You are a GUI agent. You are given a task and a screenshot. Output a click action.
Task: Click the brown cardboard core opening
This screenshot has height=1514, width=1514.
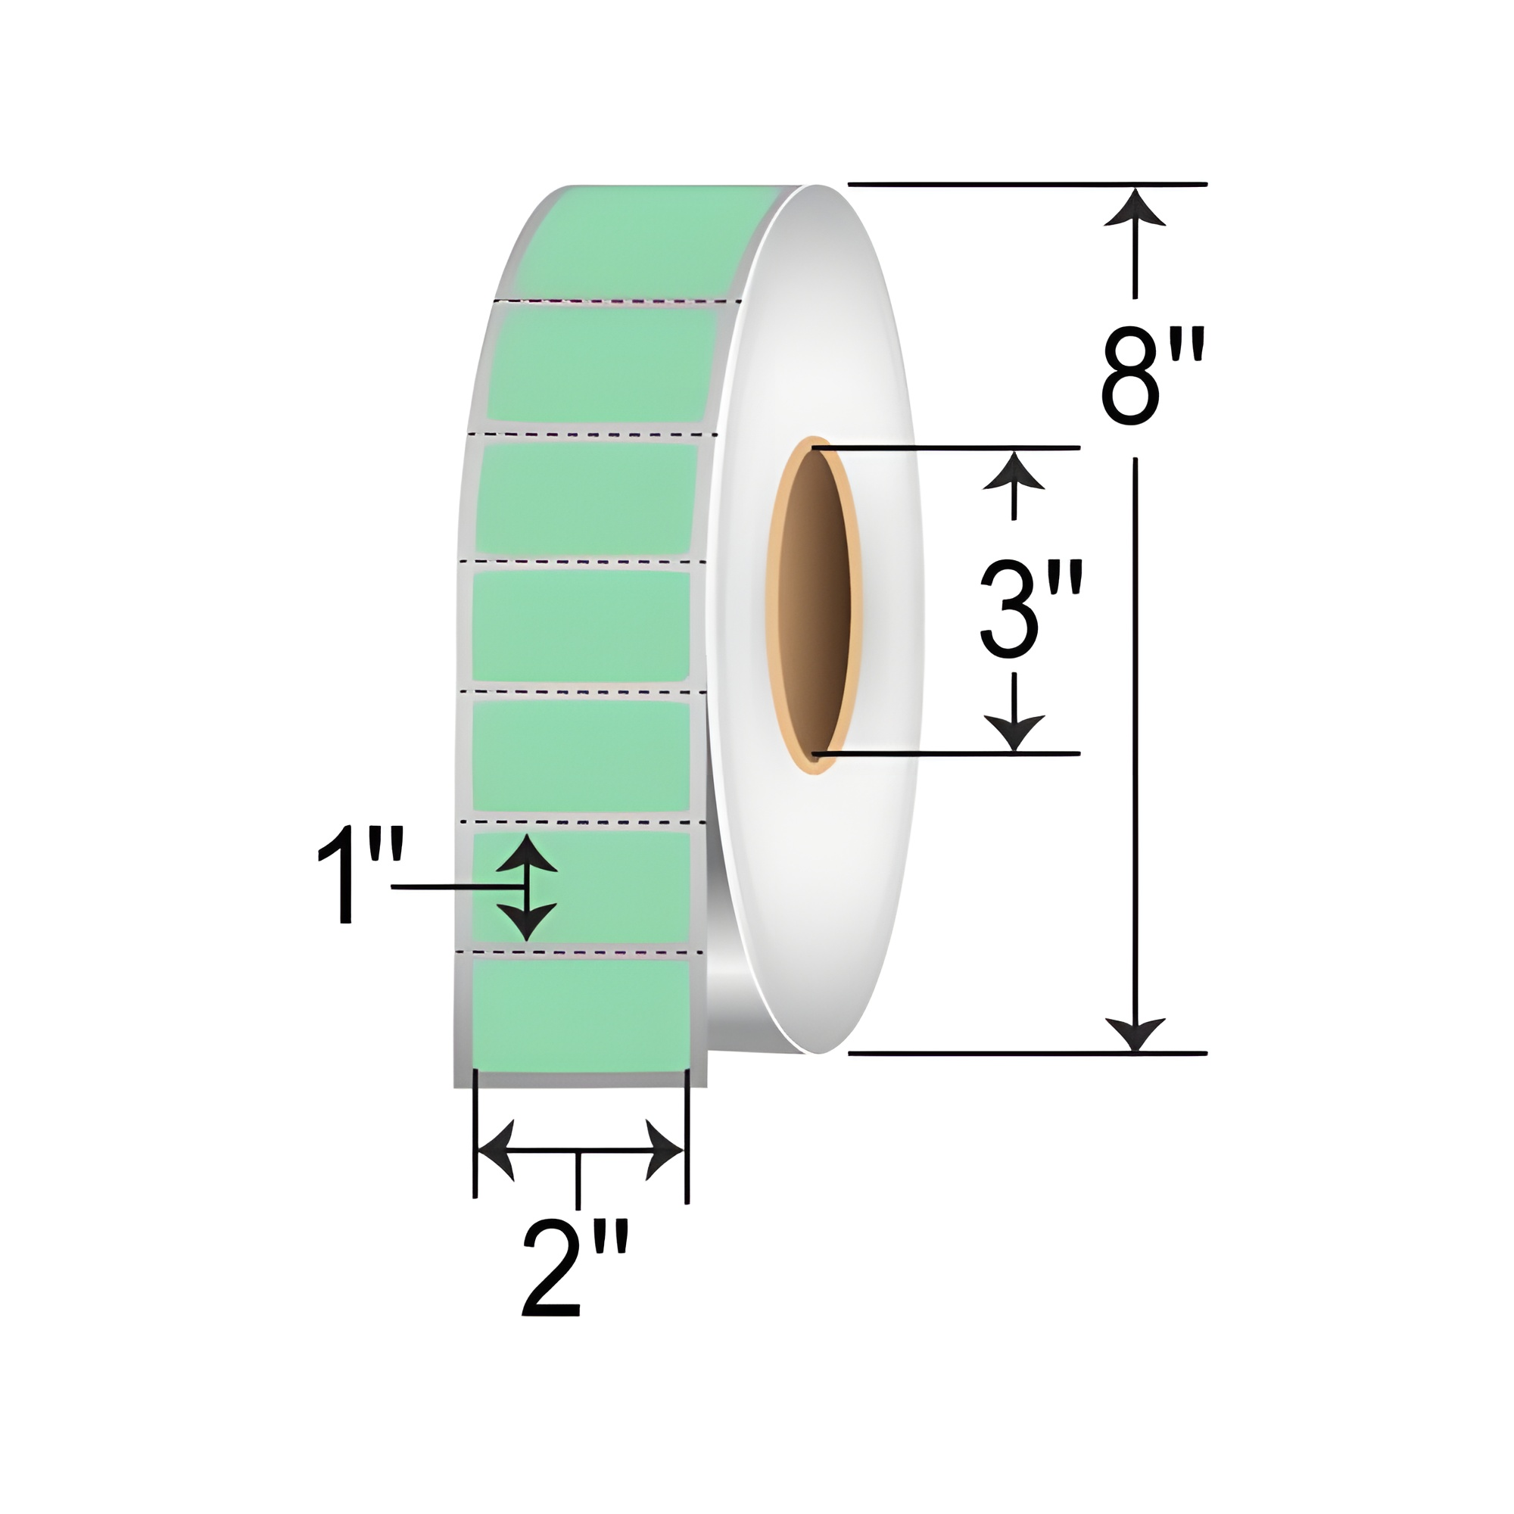point(815,603)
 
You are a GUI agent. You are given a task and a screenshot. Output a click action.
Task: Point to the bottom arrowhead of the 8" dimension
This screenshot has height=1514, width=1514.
point(1134,1033)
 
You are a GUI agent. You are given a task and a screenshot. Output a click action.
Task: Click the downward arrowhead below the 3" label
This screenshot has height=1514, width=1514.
point(1014,731)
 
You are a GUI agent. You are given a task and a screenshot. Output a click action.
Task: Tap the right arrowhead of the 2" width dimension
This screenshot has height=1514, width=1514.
point(665,1151)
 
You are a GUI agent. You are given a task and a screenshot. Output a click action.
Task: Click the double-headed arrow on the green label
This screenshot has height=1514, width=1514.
point(528,887)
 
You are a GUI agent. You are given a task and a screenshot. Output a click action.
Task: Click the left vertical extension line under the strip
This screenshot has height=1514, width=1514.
point(475,1136)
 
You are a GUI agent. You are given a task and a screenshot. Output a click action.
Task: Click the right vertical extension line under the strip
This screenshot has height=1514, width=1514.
point(687,1136)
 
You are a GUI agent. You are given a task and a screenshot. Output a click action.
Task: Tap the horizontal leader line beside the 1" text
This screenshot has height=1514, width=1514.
point(454,887)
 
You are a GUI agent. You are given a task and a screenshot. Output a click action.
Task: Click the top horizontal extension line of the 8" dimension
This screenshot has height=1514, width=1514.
point(1026,185)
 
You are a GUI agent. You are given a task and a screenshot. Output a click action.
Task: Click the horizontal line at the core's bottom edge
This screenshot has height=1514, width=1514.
point(949,754)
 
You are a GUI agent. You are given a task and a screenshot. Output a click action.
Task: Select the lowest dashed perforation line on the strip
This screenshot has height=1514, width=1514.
point(580,953)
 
